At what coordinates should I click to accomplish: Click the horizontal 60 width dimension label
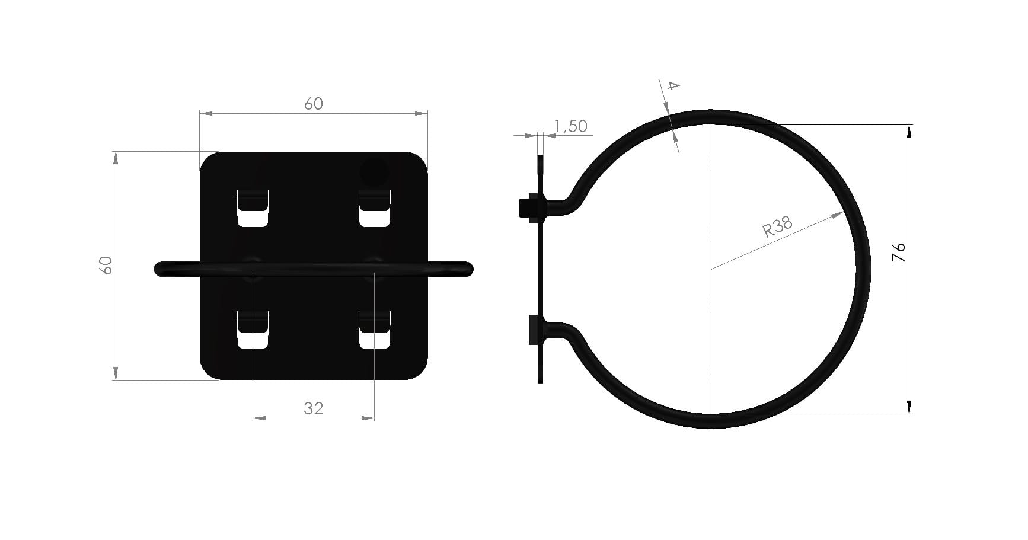tap(314, 104)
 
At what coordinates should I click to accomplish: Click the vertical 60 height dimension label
tap(107, 265)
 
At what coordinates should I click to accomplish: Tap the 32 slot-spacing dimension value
tap(314, 408)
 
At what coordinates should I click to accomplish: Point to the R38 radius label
tap(777, 226)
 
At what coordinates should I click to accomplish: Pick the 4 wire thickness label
tap(672, 85)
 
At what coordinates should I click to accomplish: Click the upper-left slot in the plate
tap(253, 208)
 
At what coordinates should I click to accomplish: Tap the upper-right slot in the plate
tap(375, 208)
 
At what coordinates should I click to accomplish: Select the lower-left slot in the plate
tap(253, 330)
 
